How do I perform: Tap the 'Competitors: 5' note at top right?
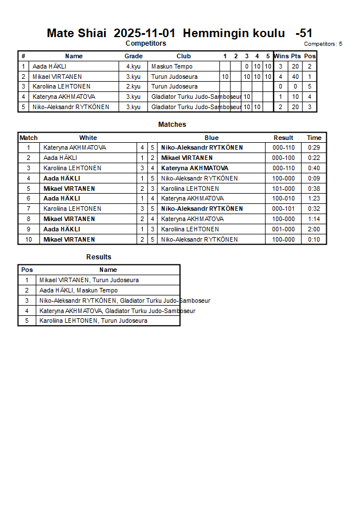(323, 44)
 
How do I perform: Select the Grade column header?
(133, 56)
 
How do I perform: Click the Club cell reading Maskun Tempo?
(171, 66)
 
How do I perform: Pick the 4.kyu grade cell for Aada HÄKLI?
(133, 66)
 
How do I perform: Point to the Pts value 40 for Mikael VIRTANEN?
(295, 77)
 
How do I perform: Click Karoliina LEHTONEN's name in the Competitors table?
(58, 87)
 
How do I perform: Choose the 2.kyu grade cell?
(133, 87)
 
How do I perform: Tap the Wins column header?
(281, 56)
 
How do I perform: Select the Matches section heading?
(172, 125)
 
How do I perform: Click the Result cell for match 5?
(283, 189)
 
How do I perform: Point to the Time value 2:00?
(314, 229)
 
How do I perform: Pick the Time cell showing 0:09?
(314, 178)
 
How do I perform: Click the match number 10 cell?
(29, 239)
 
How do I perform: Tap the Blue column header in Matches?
(211, 138)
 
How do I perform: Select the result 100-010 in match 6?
(283, 199)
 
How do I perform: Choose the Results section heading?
(99, 257)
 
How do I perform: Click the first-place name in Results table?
(89, 280)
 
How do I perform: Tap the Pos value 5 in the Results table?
(27, 321)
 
